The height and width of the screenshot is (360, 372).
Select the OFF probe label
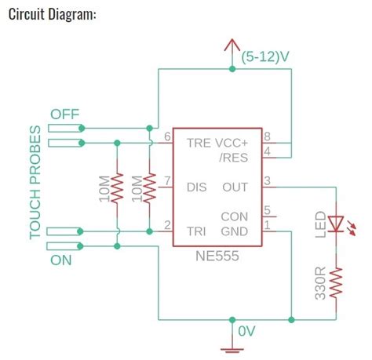coord(66,114)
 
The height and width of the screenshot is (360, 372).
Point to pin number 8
coord(268,136)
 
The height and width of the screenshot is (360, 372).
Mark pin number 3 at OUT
coord(268,181)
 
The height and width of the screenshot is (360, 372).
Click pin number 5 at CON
coord(268,209)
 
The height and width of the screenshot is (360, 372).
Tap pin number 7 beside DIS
coord(167,181)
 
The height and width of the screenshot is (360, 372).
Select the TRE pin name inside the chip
coord(197,144)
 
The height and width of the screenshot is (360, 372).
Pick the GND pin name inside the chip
coord(235,232)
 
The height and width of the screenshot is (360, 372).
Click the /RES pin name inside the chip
coord(233,158)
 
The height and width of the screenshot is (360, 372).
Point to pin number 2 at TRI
coord(167,226)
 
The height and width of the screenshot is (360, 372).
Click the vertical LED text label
coord(319,223)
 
